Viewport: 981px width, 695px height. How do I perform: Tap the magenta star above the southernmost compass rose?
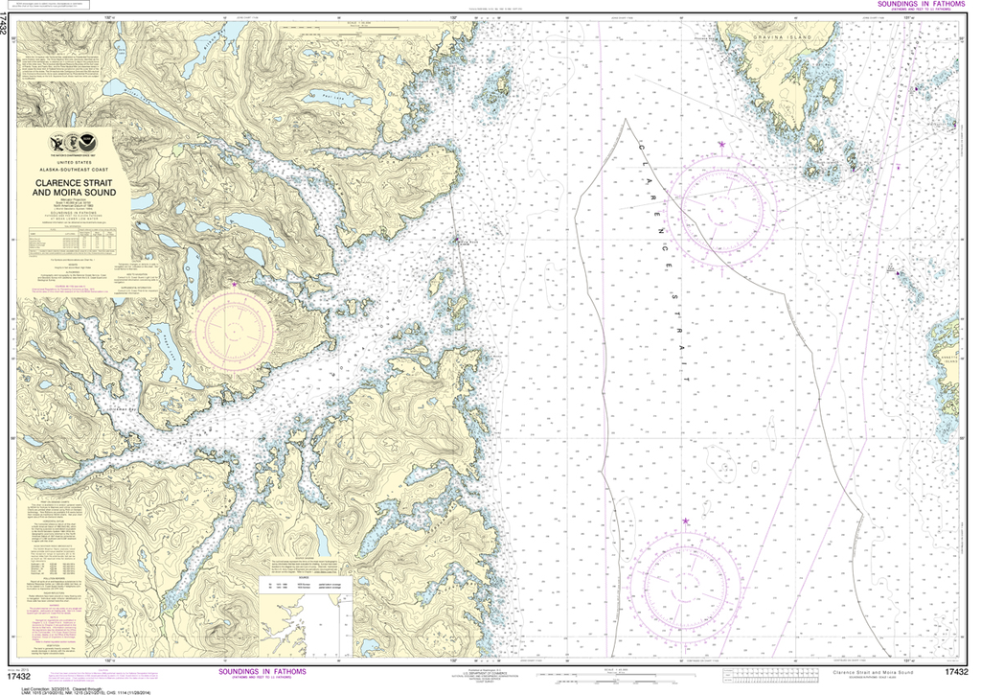pos(686,521)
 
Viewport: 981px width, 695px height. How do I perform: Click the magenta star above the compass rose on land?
pos(236,284)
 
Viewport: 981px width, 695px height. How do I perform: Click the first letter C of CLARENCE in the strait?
pos(639,142)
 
